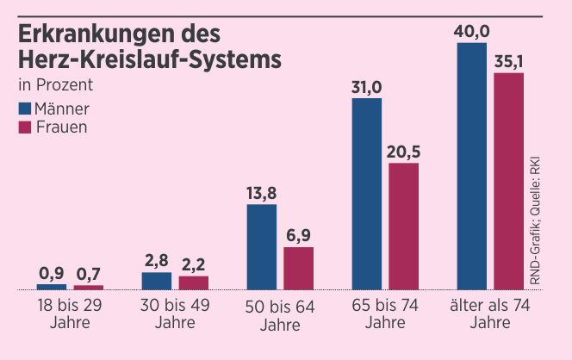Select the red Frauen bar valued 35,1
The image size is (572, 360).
pyautogui.click(x=508, y=181)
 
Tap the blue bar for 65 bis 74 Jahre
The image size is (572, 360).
pyautogui.click(x=366, y=194)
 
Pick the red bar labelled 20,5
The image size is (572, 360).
pyautogui.click(x=403, y=226)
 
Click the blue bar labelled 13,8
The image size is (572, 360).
pyautogui.click(x=262, y=246)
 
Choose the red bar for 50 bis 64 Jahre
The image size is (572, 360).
pyautogui.click(x=298, y=268)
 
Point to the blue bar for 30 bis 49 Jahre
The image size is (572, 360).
pyautogui.click(x=157, y=281)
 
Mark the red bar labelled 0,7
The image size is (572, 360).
pyautogui.click(x=88, y=287)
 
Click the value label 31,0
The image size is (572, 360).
pyautogui.click(x=366, y=87)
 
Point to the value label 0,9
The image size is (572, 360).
pyautogui.click(x=52, y=274)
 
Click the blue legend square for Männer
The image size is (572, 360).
pyautogui.click(x=24, y=109)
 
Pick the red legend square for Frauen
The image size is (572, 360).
pyautogui.click(x=24, y=127)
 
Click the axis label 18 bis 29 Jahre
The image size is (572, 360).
pyautogui.click(x=70, y=314)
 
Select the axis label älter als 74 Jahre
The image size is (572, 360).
pyautogui.click(x=489, y=314)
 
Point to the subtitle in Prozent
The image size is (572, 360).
pyautogui.click(x=55, y=85)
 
